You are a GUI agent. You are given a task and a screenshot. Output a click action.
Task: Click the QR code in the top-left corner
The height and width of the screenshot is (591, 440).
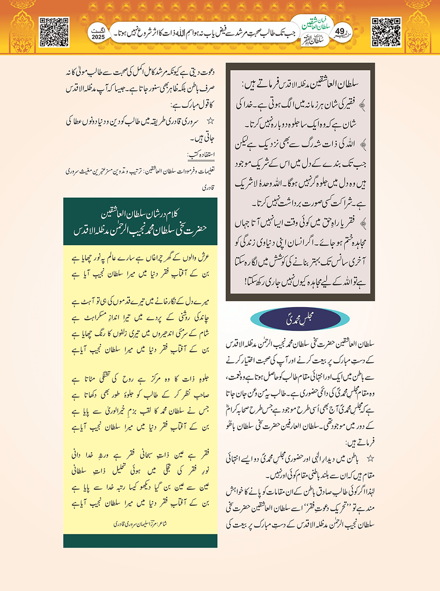click(x=54, y=32)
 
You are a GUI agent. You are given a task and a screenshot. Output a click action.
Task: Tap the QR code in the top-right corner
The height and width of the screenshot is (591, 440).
click(x=386, y=32)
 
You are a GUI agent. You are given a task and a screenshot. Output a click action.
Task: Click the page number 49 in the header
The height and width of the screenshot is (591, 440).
click(x=340, y=31)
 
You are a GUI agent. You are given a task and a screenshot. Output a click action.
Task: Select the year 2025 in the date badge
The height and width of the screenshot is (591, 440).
click(x=98, y=37)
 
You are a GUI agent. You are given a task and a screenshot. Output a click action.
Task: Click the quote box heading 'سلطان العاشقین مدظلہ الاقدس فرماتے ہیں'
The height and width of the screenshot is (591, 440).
click(x=301, y=84)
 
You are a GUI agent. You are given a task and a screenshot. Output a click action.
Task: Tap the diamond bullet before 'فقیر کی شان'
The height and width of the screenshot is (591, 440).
click(x=362, y=104)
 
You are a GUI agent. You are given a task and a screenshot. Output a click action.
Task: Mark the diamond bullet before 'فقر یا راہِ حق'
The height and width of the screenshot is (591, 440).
click(x=363, y=223)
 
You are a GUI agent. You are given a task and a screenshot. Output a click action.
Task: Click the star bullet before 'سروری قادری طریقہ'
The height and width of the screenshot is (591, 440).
click(x=210, y=122)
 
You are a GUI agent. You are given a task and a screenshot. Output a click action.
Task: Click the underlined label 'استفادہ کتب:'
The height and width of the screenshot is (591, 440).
click(x=201, y=155)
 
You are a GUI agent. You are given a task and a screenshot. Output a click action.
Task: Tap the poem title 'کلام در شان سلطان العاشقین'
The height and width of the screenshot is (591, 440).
click(x=140, y=213)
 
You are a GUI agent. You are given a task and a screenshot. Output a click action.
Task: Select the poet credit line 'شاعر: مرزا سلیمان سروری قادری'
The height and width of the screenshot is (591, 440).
click(x=140, y=524)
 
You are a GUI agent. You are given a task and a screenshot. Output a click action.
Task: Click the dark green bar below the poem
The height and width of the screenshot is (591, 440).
click(x=140, y=541)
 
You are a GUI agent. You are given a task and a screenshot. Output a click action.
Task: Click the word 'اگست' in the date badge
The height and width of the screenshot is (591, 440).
click(x=98, y=31)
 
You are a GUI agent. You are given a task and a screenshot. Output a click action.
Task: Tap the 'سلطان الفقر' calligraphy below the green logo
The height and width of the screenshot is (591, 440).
click(x=312, y=42)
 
